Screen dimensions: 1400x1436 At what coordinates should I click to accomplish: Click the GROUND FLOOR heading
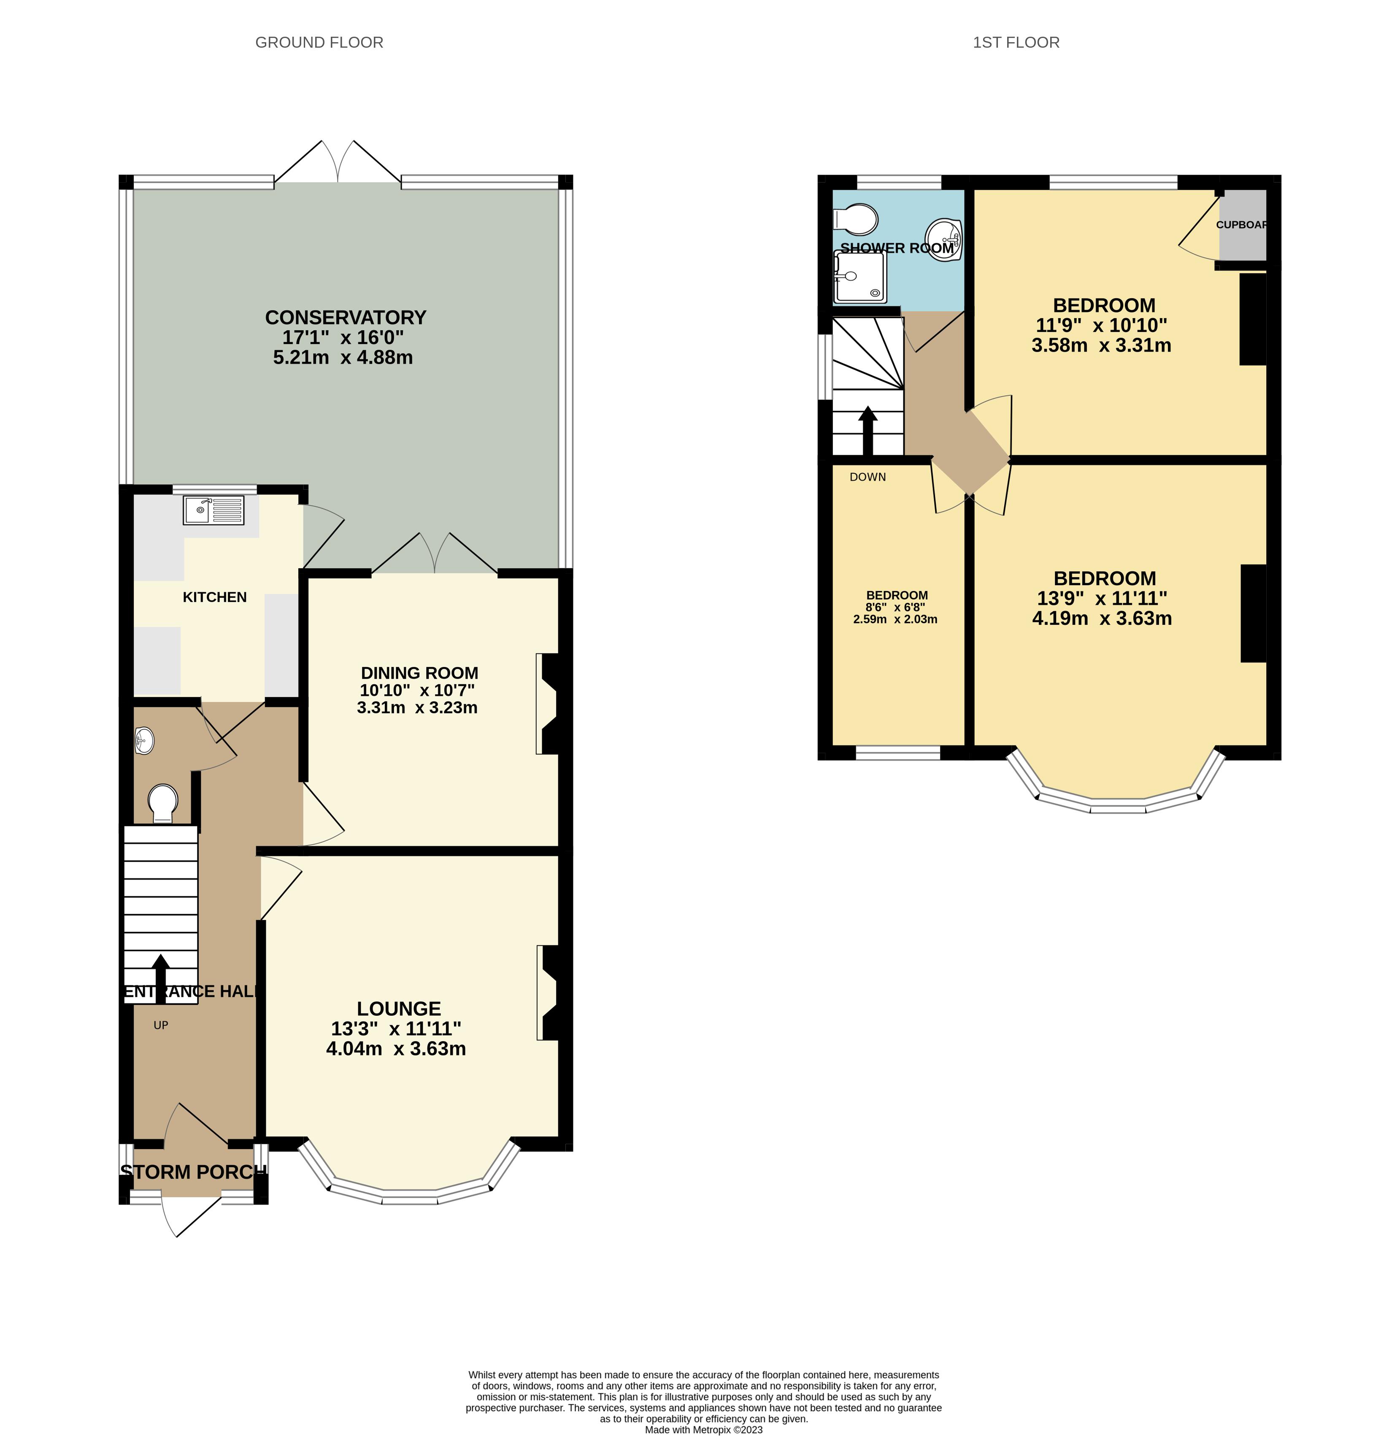319,43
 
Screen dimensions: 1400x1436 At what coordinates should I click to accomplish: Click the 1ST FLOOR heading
1016,43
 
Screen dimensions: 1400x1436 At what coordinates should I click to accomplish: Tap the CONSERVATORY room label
346,318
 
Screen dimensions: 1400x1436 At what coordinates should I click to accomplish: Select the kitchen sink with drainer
213,510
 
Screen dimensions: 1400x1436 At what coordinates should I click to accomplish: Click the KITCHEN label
215,597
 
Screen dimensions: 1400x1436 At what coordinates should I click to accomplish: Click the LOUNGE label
399,1009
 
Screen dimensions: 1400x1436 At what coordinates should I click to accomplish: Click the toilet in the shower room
856,219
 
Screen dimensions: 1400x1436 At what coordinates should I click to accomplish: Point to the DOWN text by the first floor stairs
868,477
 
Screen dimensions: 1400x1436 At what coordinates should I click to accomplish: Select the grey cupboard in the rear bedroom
1243,225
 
